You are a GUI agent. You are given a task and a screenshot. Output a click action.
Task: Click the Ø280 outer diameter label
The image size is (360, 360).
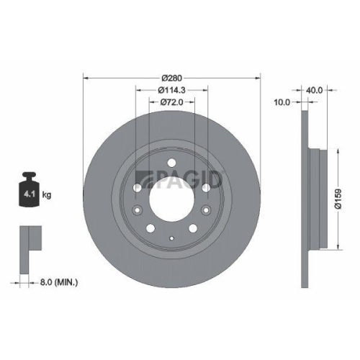pyautogui.click(x=171, y=76)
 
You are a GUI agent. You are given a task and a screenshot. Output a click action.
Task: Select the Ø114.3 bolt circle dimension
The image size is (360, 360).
pyautogui.click(x=171, y=89)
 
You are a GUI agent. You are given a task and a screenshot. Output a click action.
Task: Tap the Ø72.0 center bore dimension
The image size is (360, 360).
pyautogui.click(x=171, y=103)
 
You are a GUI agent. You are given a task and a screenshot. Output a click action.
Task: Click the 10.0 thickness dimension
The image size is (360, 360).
pyautogui.click(x=282, y=102)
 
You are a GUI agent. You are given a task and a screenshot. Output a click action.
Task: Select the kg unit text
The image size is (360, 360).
pyautogui.click(x=48, y=195)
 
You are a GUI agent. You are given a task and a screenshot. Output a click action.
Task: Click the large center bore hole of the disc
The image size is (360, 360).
pyautogui.click(x=171, y=199)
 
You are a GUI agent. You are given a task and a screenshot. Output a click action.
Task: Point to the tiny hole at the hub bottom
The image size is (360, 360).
pyautogui.click(x=171, y=238)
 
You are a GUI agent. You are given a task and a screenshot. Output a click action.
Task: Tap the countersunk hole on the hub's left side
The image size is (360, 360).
pyautogui.click(x=137, y=210)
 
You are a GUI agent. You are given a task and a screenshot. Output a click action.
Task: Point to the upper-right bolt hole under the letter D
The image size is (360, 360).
pyautogui.click(x=206, y=186)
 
